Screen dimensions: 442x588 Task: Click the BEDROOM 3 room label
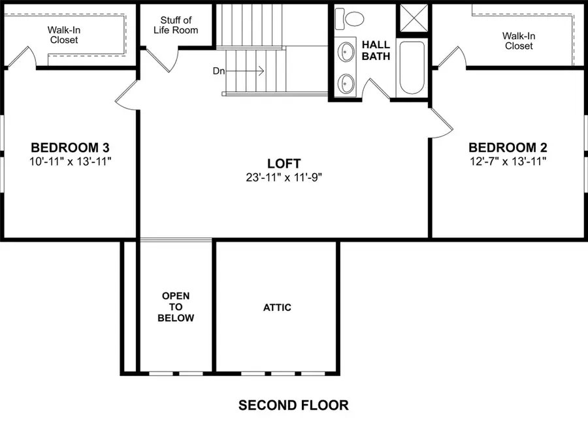70,147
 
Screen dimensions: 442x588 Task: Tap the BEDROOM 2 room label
508,147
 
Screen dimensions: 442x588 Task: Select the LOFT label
284,163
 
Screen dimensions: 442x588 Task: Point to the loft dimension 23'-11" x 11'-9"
284,177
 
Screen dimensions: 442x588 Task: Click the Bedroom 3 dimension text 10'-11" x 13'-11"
70,161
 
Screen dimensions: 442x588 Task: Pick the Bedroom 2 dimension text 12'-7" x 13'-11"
508,161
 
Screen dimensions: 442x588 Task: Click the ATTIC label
277,308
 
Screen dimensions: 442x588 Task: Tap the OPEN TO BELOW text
177,308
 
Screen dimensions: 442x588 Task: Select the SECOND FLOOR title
293,405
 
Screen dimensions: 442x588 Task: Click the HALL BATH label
376,51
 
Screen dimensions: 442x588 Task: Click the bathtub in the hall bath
412,68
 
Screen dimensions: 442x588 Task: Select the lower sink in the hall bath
346,83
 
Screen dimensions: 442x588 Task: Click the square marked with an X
413,18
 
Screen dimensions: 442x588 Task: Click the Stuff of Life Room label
176,25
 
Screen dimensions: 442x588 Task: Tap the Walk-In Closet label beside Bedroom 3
63,35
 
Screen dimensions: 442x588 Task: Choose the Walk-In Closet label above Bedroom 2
518,41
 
